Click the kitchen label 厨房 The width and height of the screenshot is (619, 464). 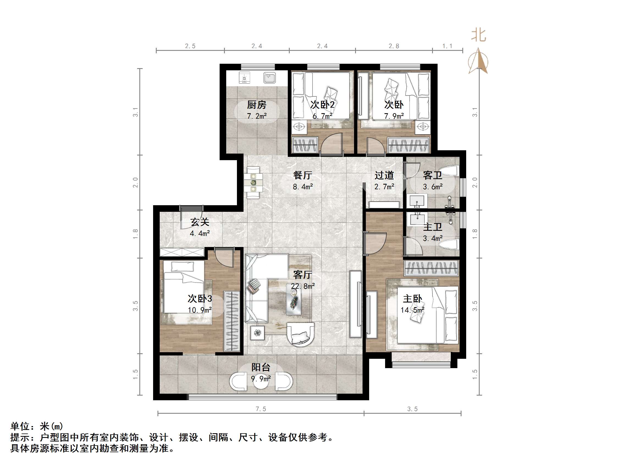pos(257,105)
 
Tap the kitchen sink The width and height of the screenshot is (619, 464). pos(269,77)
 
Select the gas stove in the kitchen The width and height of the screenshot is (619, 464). pos(244,78)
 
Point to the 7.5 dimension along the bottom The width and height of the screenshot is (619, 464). pos(261,409)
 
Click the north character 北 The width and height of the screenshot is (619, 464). pos(479,35)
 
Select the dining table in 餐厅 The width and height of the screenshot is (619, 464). pos(253,183)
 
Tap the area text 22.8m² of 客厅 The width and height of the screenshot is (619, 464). pos(303,286)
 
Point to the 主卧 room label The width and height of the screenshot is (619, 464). pos(412,299)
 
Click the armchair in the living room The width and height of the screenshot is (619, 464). pos(300,335)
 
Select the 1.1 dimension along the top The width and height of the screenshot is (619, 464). pos(447,46)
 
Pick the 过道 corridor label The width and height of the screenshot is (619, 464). pos(384,175)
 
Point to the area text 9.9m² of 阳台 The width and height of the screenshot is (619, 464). pos(261,379)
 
